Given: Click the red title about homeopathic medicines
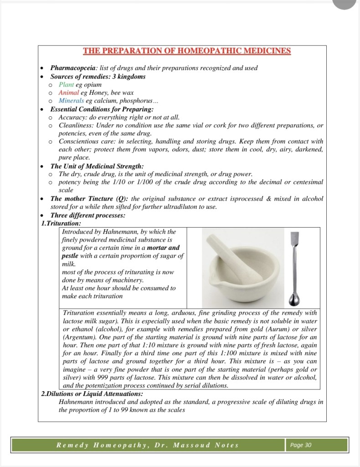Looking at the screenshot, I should tap(187, 51).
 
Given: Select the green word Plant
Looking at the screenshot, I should tap(67, 85).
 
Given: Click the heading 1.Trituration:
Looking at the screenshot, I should tap(61, 223).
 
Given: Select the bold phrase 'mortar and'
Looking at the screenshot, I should tap(165, 248).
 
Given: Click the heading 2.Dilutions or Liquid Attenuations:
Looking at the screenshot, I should tap(92, 394).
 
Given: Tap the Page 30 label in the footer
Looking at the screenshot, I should tap(301, 445).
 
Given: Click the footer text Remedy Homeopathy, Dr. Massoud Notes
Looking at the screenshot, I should tap(147, 445).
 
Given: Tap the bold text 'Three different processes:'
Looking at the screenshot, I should tap(88, 215).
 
